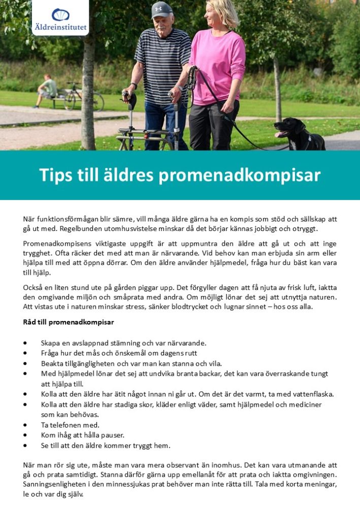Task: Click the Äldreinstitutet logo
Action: point(60,18)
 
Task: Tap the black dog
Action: point(299,134)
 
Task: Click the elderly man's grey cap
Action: point(161,10)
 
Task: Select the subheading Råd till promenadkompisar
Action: point(69,322)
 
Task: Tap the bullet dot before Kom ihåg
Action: point(25,435)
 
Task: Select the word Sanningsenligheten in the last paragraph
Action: point(55,484)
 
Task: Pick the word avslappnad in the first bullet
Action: point(92,343)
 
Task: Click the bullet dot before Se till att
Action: point(25,446)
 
